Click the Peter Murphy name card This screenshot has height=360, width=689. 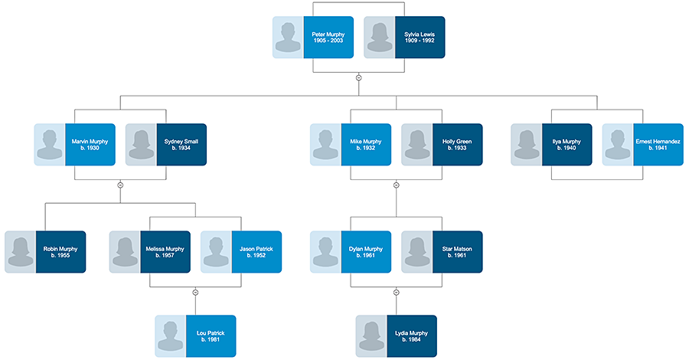tap(328, 38)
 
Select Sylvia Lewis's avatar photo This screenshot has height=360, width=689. tap(379, 38)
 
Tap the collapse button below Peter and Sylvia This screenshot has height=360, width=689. tap(358, 77)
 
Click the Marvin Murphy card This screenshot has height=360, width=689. tap(90, 145)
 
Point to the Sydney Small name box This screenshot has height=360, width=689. tap(181, 145)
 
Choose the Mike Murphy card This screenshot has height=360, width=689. tap(366, 145)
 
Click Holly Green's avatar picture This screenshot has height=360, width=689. tap(416, 145)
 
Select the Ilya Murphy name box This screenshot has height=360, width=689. tap(567, 145)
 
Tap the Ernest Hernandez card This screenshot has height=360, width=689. tap(658, 145)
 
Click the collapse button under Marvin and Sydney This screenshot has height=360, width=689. tap(120, 185)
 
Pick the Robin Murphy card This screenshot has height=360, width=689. tap(60, 252)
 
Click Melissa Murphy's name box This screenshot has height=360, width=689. tap(165, 252)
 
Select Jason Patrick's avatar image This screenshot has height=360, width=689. tap(216, 252)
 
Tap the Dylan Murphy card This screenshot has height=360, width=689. tap(366, 252)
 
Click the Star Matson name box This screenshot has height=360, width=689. tap(457, 252)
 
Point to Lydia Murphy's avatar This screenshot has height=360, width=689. tap(371, 335)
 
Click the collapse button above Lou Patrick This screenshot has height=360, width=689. tap(195, 292)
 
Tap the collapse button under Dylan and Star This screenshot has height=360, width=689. tap(396, 292)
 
